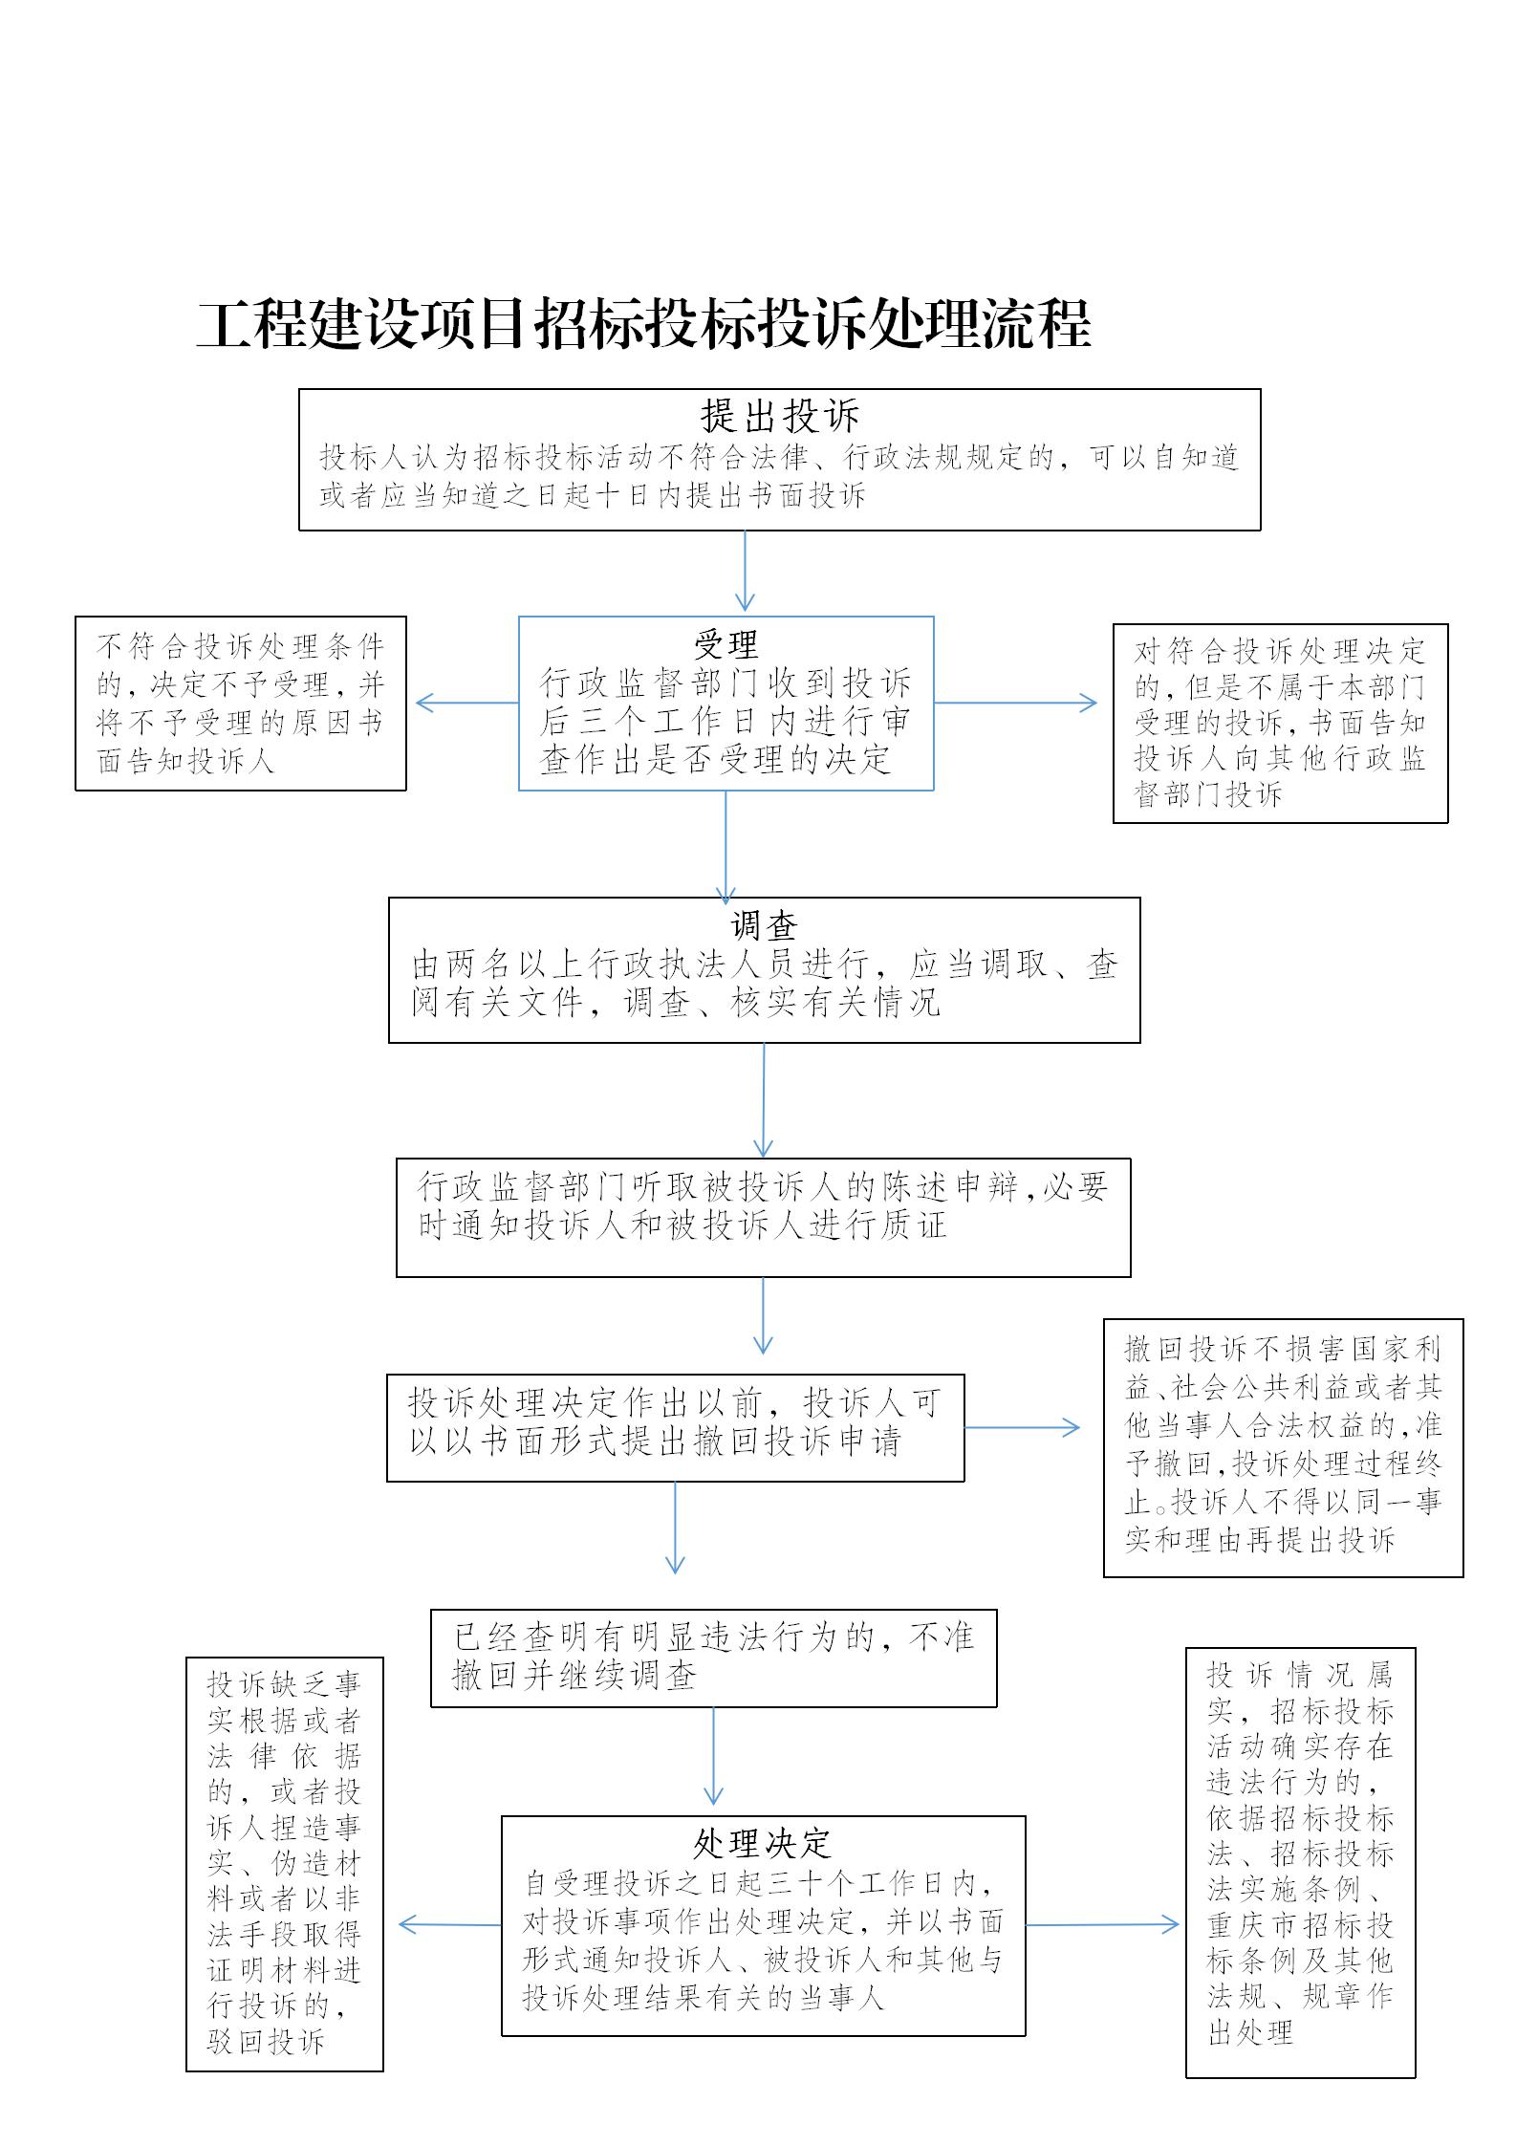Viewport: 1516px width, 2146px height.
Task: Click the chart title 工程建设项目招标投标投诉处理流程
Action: pos(643,325)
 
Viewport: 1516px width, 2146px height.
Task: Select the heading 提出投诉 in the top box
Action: pos(780,416)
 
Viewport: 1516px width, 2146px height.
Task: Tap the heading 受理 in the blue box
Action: pos(726,645)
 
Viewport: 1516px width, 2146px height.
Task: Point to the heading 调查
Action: pos(764,925)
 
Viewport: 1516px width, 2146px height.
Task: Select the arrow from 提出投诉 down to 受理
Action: pos(745,571)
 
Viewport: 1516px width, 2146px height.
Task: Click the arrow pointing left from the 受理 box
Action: pos(467,703)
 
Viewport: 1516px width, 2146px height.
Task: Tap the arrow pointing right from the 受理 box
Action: pos(1015,703)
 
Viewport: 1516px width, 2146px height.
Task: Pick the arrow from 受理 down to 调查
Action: pos(726,847)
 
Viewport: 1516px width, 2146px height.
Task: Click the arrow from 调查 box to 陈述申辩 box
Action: pos(764,1100)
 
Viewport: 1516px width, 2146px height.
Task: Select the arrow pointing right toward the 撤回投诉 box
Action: pos(1022,1428)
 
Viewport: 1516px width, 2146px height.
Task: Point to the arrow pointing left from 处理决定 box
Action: pos(450,1925)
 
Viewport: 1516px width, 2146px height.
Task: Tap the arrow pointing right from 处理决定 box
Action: pos(1102,1925)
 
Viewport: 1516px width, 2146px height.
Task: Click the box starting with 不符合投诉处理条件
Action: pos(241,704)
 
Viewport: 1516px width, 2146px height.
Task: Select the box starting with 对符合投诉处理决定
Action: pos(1281,724)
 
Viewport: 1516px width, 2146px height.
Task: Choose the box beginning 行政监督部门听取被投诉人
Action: pos(764,1218)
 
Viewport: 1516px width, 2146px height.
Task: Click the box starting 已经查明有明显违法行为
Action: pos(714,1658)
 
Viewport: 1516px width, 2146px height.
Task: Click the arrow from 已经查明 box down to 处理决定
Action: pos(713,1756)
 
